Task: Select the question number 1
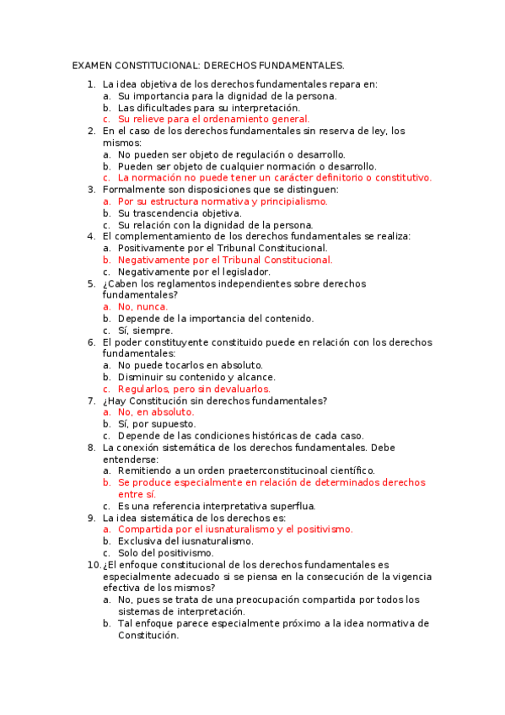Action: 91,84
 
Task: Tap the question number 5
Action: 91,284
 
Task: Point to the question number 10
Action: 94,565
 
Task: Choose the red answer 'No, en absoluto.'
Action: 156,412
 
